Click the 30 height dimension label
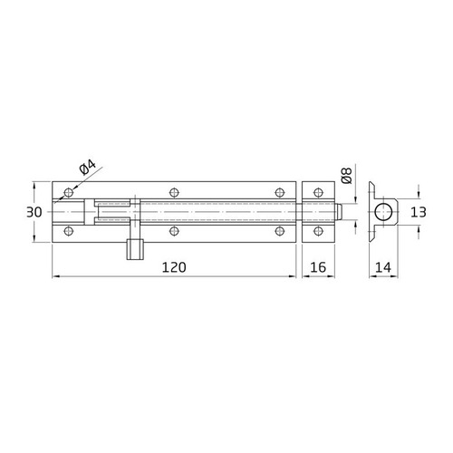pyautogui.click(x=34, y=211)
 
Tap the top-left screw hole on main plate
pyautogui.click(x=67, y=192)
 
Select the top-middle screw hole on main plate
pyautogui.click(x=173, y=192)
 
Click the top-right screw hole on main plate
pyautogui.click(x=280, y=192)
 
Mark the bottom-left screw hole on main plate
pyautogui.click(x=67, y=232)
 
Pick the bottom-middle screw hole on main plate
pyautogui.click(x=173, y=232)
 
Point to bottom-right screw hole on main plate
pyautogui.click(x=280, y=232)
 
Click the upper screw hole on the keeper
pyautogui.click(x=316, y=192)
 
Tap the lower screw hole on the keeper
pyautogui.click(x=316, y=232)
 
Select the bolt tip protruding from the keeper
pyautogui.click(x=338, y=212)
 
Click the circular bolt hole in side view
pyautogui.click(x=384, y=213)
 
